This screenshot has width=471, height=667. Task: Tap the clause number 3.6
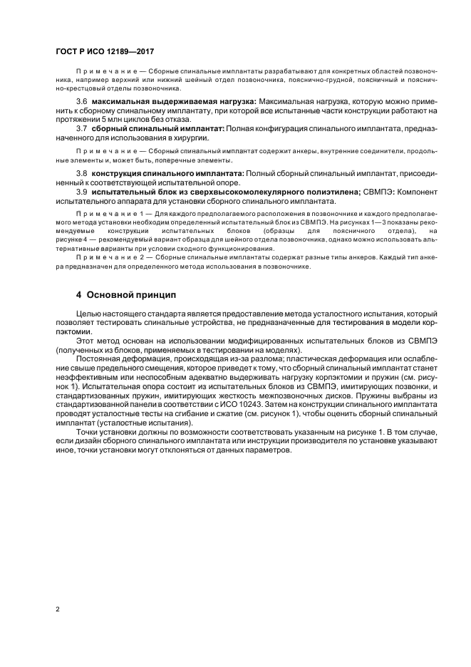81,103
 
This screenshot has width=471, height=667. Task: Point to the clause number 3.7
81,128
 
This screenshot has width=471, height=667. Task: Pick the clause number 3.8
81,174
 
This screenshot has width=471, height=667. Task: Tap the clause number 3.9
81,192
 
